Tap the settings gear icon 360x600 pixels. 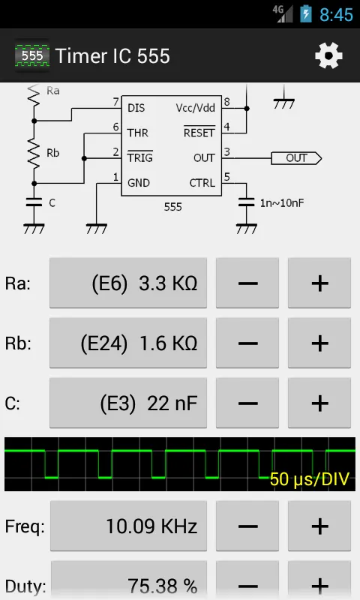(328, 55)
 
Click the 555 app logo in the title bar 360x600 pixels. (32, 55)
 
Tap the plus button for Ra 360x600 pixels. (319, 283)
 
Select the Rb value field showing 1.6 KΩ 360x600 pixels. (128, 343)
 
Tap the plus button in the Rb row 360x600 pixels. (319, 343)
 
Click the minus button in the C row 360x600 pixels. (247, 403)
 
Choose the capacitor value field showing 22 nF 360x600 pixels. (128, 403)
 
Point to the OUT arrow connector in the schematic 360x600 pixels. (296, 158)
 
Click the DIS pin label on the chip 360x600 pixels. (136, 108)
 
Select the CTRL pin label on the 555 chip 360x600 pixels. (202, 183)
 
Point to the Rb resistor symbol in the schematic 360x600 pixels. (34, 153)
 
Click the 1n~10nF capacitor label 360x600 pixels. (282, 202)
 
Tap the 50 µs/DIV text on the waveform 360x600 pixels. (310, 478)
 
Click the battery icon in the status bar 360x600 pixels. (305, 14)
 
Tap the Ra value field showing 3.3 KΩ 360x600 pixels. (128, 283)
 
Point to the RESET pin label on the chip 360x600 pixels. (199, 132)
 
